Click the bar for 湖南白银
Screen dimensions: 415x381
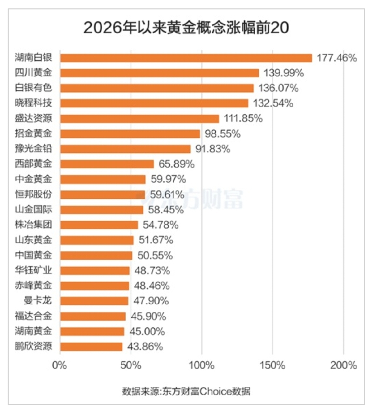click(x=186, y=58)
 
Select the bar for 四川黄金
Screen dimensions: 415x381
click(x=159, y=73)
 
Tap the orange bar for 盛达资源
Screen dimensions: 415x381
click(x=139, y=119)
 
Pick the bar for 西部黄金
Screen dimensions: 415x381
click(x=107, y=164)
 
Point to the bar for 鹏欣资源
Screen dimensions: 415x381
click(x=91, y=347)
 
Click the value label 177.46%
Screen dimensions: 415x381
click(x=336, y=58)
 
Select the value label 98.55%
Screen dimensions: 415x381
click(x=222, y=134)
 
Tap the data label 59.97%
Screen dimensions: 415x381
click(x=168, y=179)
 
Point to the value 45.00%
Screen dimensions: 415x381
click(x=147, y=331)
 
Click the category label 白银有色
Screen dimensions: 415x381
click(x=33, y=88)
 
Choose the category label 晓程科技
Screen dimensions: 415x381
click(x=33, y=103)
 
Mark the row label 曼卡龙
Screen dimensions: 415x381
click(x=37, y=301)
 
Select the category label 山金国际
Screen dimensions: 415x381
click(x=33, y=210)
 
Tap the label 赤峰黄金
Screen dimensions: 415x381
click(x=33, y=286)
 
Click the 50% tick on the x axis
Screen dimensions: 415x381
click(x=131, y=365)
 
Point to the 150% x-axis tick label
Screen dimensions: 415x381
click(x=272, y=365)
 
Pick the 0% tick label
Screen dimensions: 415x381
click(x=60, y=365)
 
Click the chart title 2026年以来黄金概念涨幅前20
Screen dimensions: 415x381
click(x=186, y=28)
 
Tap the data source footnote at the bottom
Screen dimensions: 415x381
click(x=186, y=391)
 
